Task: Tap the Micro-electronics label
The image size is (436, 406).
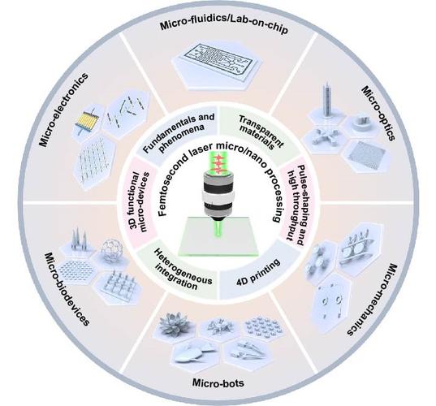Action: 63,110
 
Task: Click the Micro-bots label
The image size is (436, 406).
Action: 218,383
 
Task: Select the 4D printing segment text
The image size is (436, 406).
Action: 257,273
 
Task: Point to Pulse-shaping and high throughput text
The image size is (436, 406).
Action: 296,205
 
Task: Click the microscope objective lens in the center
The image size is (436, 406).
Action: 218,193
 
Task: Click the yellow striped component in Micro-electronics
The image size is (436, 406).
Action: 85,122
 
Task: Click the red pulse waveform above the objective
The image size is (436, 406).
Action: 219,164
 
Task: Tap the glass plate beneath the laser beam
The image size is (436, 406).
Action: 218,236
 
